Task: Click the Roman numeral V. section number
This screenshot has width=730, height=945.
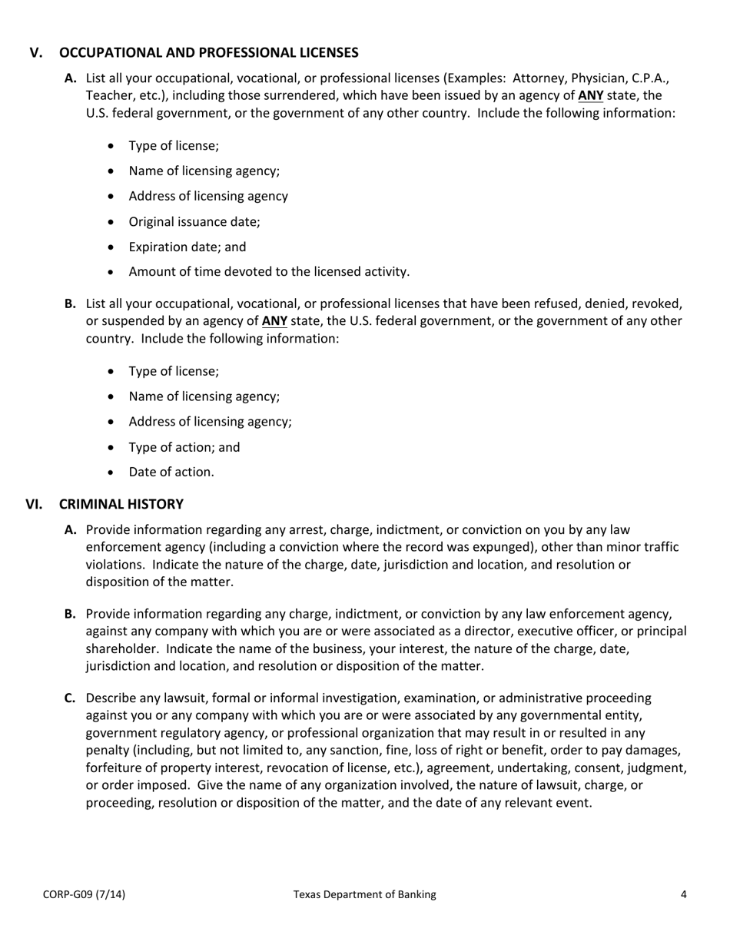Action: [x=36, y=53]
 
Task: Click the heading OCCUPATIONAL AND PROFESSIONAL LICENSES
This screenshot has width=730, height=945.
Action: [x=208, y=53]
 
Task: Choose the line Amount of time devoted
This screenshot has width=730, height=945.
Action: [x=269, y=271]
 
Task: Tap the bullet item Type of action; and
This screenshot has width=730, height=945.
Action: [x=184, y=447]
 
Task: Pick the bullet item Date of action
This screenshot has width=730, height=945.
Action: [x=171, y=472]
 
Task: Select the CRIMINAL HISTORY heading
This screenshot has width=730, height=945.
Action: [x=121, y=504]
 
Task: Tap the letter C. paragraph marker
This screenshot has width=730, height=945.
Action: [x=70, y=698]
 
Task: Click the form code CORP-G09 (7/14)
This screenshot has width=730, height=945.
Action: [x=85, y=894]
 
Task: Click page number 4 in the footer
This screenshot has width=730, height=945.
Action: [x=683, y=894]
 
